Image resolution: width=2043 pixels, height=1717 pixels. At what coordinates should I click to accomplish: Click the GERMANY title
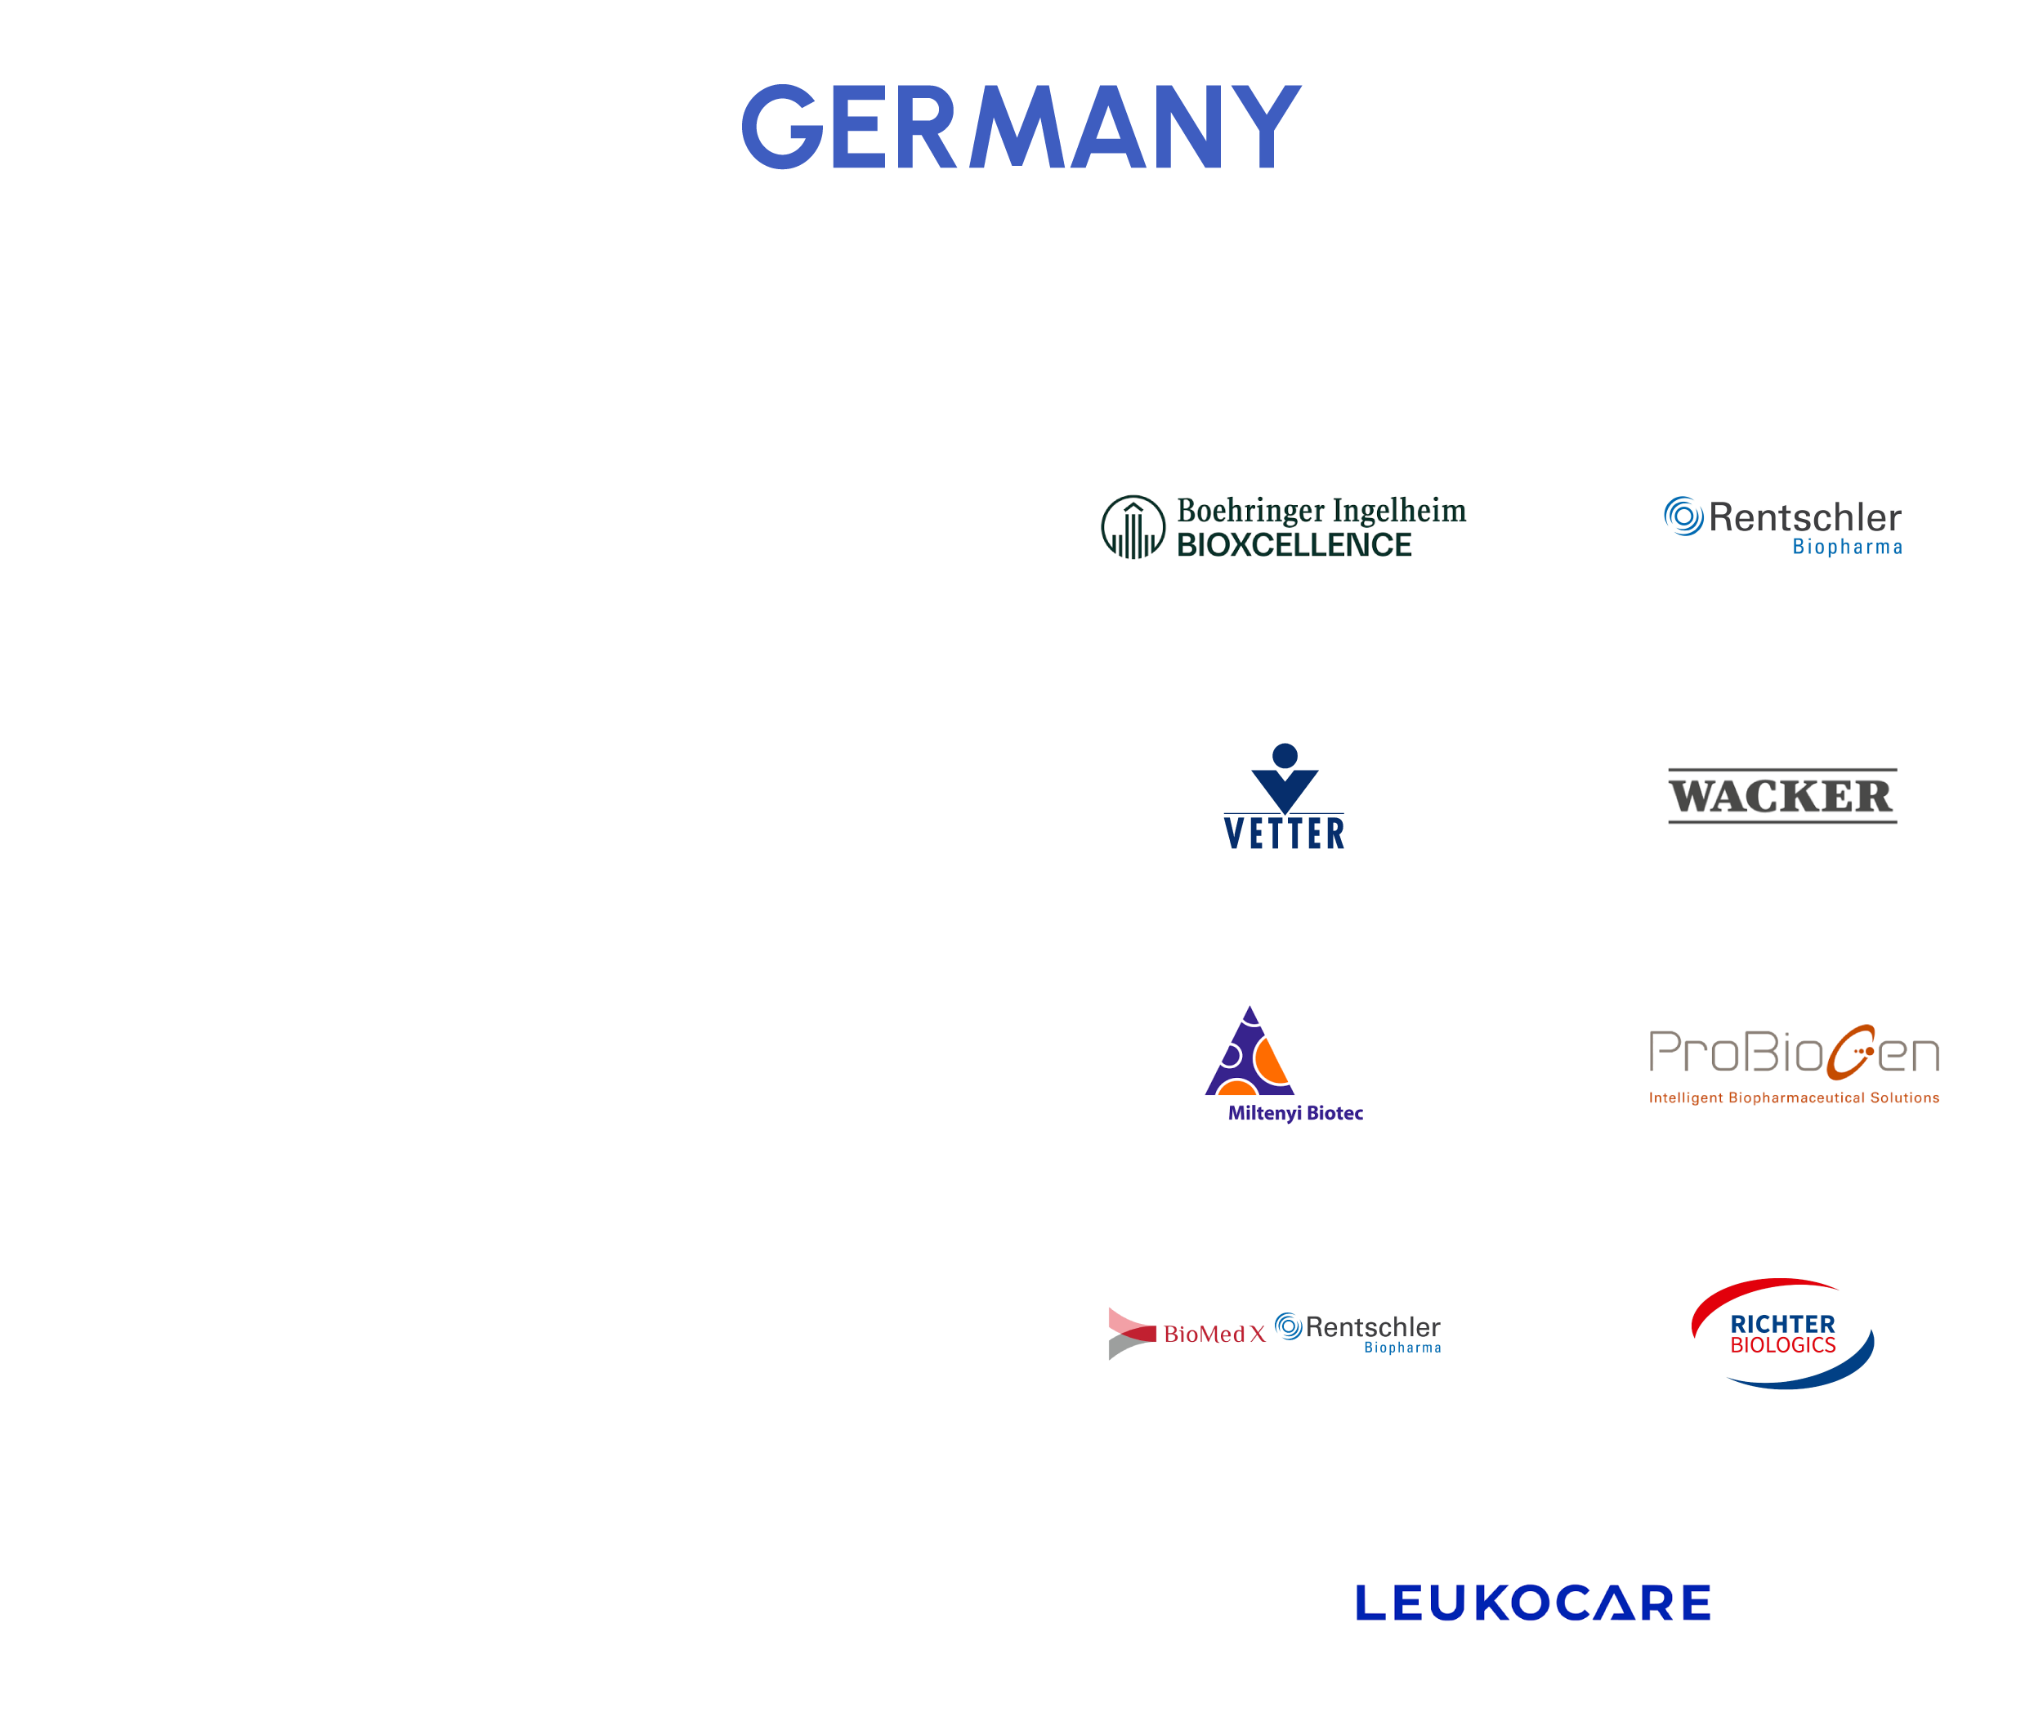coord(1021,127)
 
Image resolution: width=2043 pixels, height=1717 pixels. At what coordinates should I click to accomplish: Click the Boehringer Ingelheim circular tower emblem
coord(1133,526)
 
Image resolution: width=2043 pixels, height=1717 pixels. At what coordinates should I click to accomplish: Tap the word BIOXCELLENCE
coord(1294,545)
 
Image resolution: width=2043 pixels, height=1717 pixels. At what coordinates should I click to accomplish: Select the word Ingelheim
coord(1399,511)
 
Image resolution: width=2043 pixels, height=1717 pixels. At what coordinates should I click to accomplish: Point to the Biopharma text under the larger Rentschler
coord(1848,547)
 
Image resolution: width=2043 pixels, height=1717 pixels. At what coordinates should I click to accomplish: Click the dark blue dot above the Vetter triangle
coord(1285,755)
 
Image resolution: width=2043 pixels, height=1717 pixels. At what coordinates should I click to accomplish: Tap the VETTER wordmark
coord(1284,834)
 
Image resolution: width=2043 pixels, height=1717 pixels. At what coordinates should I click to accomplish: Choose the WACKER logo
coord(1782,795)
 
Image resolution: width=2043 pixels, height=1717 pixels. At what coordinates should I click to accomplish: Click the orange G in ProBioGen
coord(1851,1053)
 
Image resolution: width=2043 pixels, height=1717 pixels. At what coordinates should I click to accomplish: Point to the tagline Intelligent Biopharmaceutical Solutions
coord(1794,1098)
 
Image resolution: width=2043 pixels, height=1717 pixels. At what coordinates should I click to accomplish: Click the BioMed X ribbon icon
coord(1132,1334)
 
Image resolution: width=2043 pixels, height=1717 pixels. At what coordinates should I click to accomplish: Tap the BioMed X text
coord(1214,1334)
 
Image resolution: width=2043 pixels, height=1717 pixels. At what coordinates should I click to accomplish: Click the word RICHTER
coord(1782,1325)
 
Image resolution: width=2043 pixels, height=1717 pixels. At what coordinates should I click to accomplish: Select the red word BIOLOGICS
coord(1782,1345)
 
